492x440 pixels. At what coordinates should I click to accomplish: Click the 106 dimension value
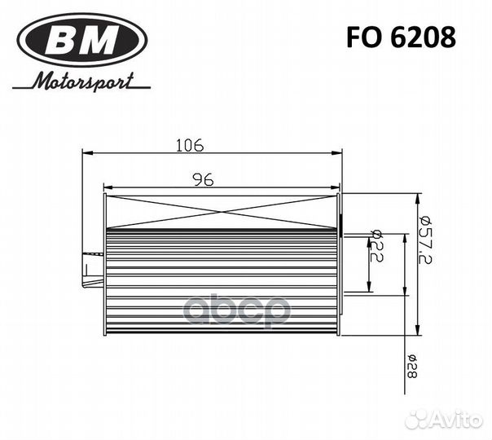coord(189,145)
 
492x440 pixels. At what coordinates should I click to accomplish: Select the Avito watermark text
coord(459,419)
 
